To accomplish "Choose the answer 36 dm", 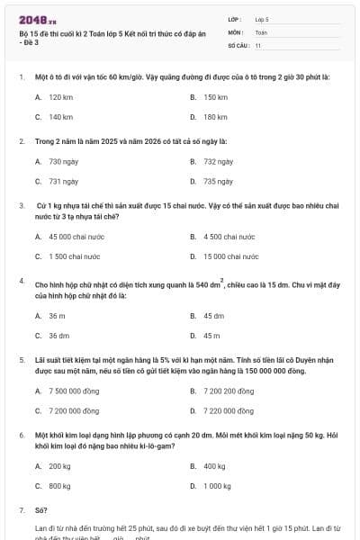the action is [58, 335].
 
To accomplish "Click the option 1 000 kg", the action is [217, 485].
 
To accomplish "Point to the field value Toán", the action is [261, 31].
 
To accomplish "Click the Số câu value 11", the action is [258, 44].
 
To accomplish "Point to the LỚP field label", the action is [235, 18].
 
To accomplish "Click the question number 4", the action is [21, 281].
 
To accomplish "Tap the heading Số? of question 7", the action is [40, 510].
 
